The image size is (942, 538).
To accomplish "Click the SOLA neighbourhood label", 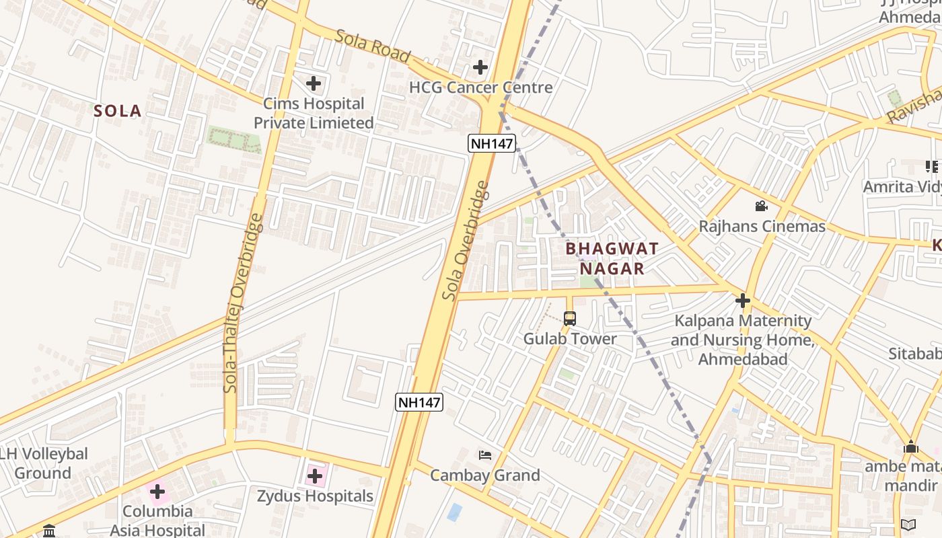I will coord(117,111).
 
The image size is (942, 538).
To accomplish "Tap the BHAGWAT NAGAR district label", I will coord(612,258).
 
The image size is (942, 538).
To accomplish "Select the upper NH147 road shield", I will coord(491,143).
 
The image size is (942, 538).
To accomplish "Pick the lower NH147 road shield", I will coord(419,402).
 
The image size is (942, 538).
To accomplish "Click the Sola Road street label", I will coord(373,46).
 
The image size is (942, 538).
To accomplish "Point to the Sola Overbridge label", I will coord(466,240).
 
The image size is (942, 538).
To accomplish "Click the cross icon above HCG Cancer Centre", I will coord(480,67).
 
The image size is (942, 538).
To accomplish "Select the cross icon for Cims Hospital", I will coord(314,83).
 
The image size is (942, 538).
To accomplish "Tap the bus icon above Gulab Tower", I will coord(570,319).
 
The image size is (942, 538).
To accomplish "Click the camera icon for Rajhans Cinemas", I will coord(761,206).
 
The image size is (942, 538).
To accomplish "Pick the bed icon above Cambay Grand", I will coord(484,455).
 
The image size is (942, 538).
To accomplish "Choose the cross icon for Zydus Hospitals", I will coord(315,476).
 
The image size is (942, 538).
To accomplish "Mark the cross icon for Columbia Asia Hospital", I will coord(157,492).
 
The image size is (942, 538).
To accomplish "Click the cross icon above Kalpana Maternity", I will coord(743,300).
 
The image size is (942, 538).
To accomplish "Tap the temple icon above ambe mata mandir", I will coord(911,447).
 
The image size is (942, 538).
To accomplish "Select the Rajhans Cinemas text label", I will coord(762,226).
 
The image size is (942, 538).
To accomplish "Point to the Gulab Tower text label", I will coord(570,338).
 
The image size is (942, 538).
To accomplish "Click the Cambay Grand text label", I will coord(484,475).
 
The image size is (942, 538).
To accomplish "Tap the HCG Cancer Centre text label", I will coord(480,87).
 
